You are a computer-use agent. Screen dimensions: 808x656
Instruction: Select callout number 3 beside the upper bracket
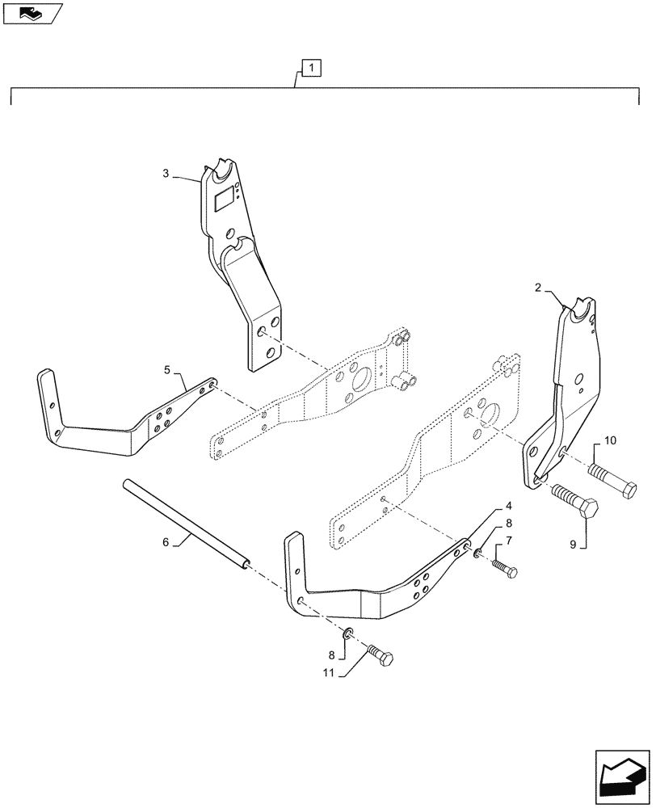point(166,173)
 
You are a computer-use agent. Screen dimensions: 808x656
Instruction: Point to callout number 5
point(166,370)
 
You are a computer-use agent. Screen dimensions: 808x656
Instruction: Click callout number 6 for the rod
point(166,542)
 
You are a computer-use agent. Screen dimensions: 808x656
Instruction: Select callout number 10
point(609,440)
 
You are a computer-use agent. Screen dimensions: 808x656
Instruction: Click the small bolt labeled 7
point(503,565)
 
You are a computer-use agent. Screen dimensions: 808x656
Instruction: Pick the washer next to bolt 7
point(478,553)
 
